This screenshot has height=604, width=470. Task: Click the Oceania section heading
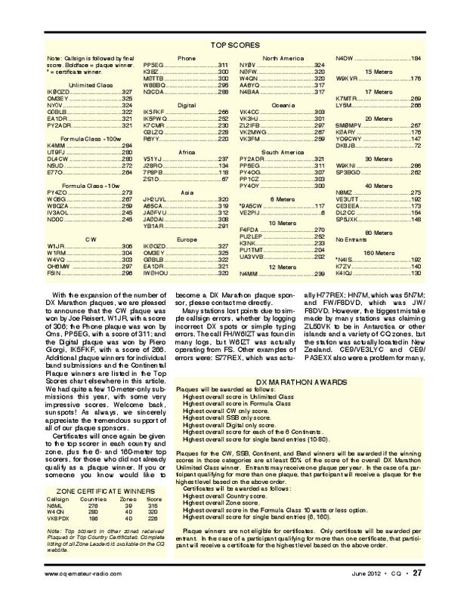(x=282, y=103)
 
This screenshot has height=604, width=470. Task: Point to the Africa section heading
(x=186, y=151)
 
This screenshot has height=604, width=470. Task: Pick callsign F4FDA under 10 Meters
(x=248, y=230)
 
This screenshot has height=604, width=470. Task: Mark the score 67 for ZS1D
(x=224, y=180)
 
